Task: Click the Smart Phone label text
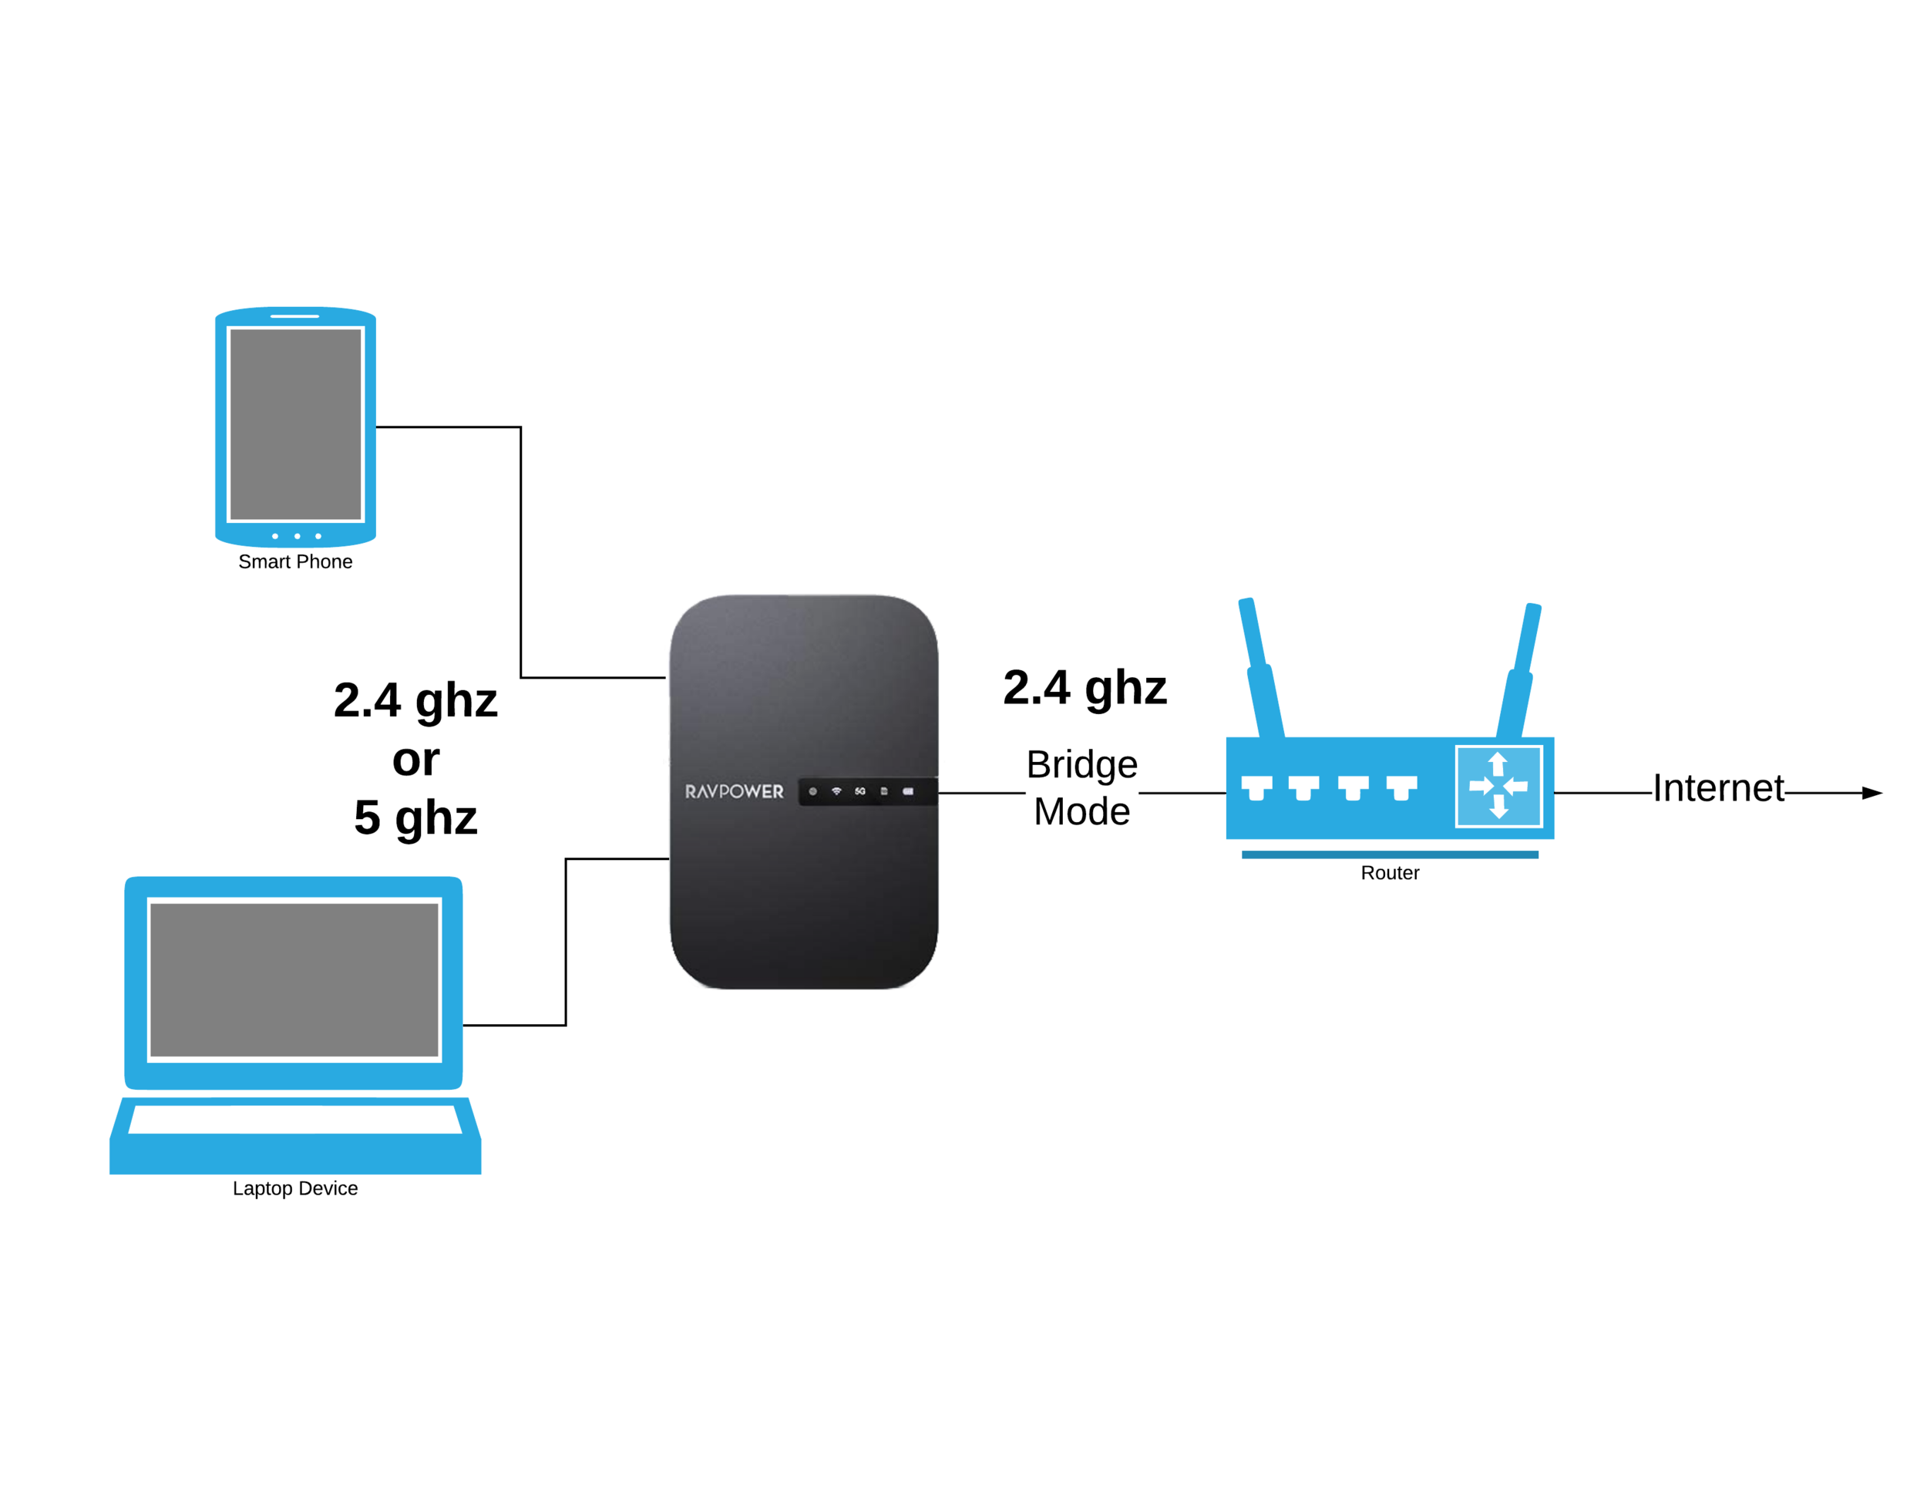tap(294, 561)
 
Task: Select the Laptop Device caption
tap(294, 1188)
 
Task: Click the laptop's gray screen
tap(294, 979)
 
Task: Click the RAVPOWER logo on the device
tap(734, 792)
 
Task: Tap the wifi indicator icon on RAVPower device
tap(836, 791)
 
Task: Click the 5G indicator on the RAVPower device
tap(860, 791)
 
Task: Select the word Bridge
tap(1081, 765)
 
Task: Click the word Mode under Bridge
tap(1081, 812)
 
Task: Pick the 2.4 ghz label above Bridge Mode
tap(1085, 688)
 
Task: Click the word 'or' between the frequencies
tap(415, 760)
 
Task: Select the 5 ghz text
tap(415, 817)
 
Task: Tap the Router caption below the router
tap(1390, 873)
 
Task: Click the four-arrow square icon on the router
tap(1498, 786)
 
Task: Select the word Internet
tap(1718, 788)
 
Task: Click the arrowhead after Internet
tap(1872, 793)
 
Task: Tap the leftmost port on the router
tap(1256, 787)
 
